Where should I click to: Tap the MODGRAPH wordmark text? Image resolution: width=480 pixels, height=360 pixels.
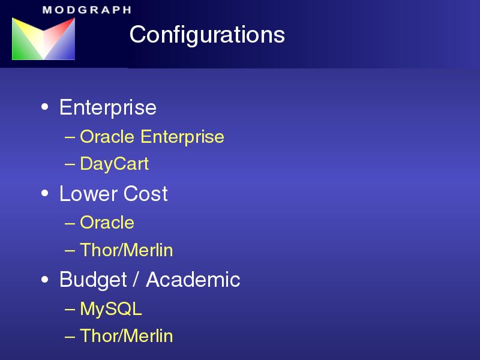[x=87, y=10]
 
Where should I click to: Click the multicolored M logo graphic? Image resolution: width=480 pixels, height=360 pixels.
[x=43, y=38]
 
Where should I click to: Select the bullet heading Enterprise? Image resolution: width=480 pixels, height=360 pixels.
[x=108, y=107]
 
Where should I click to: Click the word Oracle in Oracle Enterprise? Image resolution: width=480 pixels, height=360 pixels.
[x=107, y=136]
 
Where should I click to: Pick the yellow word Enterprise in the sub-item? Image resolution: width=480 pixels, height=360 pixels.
[x=182, y=137]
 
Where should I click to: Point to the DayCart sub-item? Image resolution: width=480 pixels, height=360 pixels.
[x=114, y=164]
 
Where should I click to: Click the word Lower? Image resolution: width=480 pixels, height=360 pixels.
[x=88, y=193]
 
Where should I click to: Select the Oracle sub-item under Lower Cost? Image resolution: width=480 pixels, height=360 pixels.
[x=107, y=222]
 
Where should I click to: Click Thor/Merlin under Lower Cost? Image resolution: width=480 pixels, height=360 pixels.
[x=127, y=250]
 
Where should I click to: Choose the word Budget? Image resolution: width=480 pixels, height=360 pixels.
[x=93, y=280]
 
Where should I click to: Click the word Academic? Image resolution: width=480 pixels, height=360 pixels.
[x=193, y=280]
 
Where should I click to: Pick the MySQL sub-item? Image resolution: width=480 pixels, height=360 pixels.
[x=111, y=309]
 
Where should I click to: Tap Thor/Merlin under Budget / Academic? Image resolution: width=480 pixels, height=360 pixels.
[x=127, y=336]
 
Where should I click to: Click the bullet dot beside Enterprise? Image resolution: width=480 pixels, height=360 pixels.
[x=44, y=107]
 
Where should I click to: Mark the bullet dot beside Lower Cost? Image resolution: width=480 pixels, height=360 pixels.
[x=44, y=193]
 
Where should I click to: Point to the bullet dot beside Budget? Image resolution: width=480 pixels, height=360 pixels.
[x=44, y=280]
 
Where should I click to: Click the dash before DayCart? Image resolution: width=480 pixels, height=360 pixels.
[x=70, y=164]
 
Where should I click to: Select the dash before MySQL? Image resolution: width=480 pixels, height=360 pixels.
[x=70, y=309]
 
